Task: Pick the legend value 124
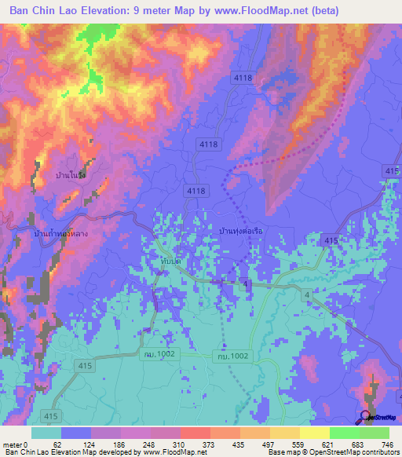tap(92, 444)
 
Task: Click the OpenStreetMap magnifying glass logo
tap(364, 416)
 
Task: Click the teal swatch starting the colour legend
tap(46, 433)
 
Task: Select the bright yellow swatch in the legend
tap(314, 433)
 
